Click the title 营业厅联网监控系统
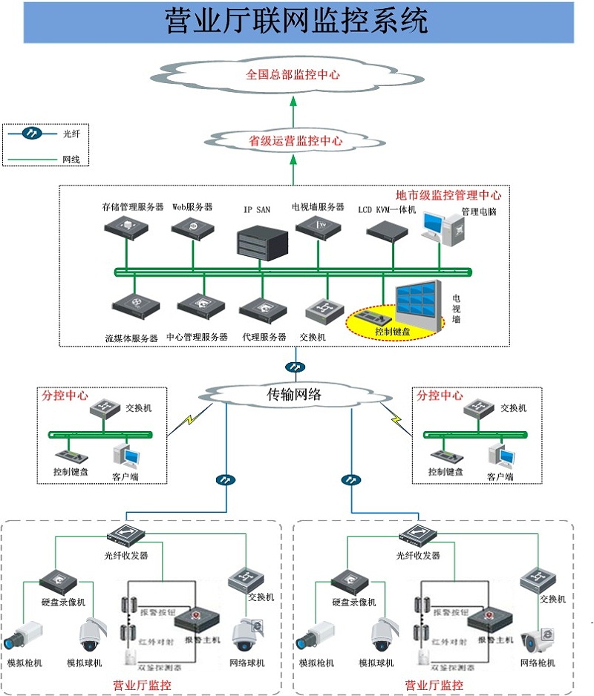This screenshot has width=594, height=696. point(297,21)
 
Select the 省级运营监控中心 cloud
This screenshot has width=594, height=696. point(295,140)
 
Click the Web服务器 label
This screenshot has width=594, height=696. point(192,206)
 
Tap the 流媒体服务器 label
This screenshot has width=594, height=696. point(131,338)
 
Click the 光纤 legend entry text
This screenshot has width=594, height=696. point(71,134)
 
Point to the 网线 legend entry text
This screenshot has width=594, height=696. point(71,159)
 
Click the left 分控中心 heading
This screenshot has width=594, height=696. point(65,396)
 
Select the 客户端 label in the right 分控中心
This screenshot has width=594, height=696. point(500,476)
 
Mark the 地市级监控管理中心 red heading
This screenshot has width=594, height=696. point(448,196)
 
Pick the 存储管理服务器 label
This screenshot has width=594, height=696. point(133,206)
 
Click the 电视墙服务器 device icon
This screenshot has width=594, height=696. point(320,227)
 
